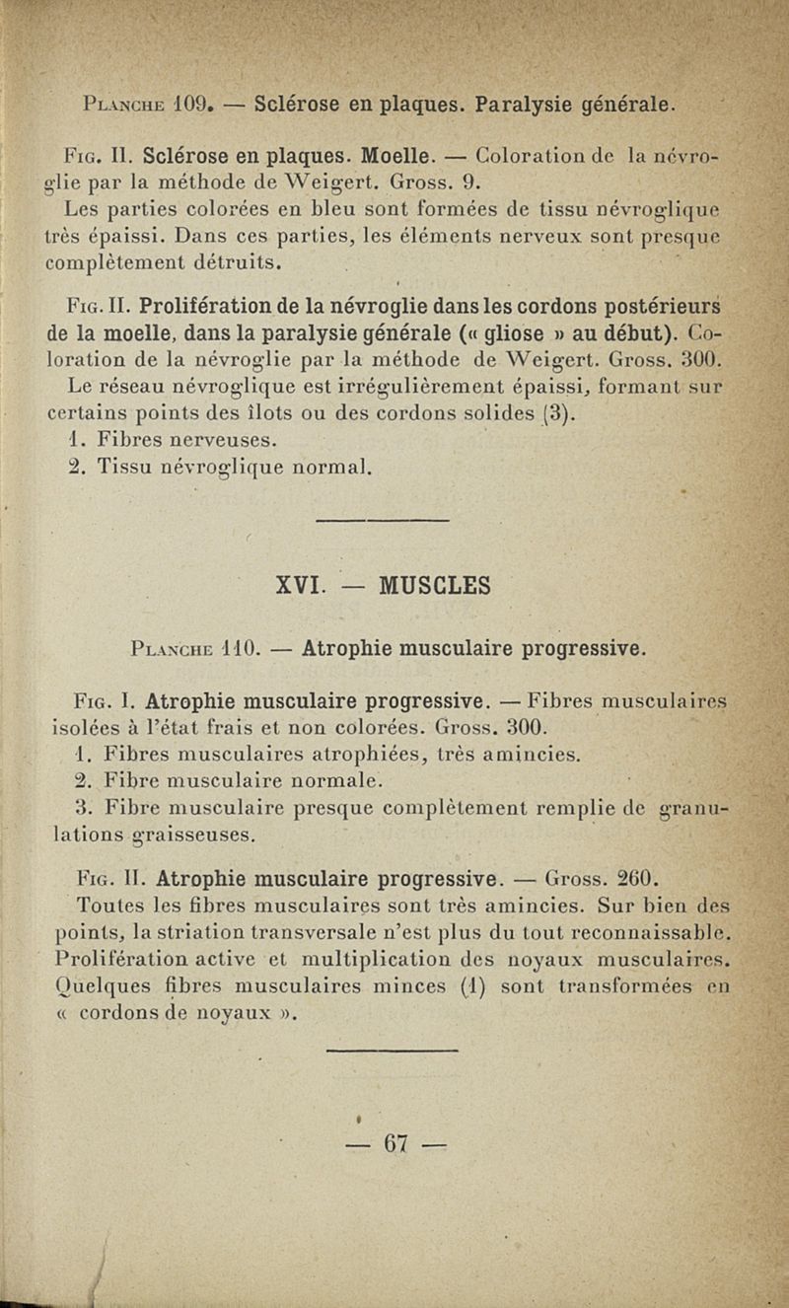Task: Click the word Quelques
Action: point(93,986)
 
